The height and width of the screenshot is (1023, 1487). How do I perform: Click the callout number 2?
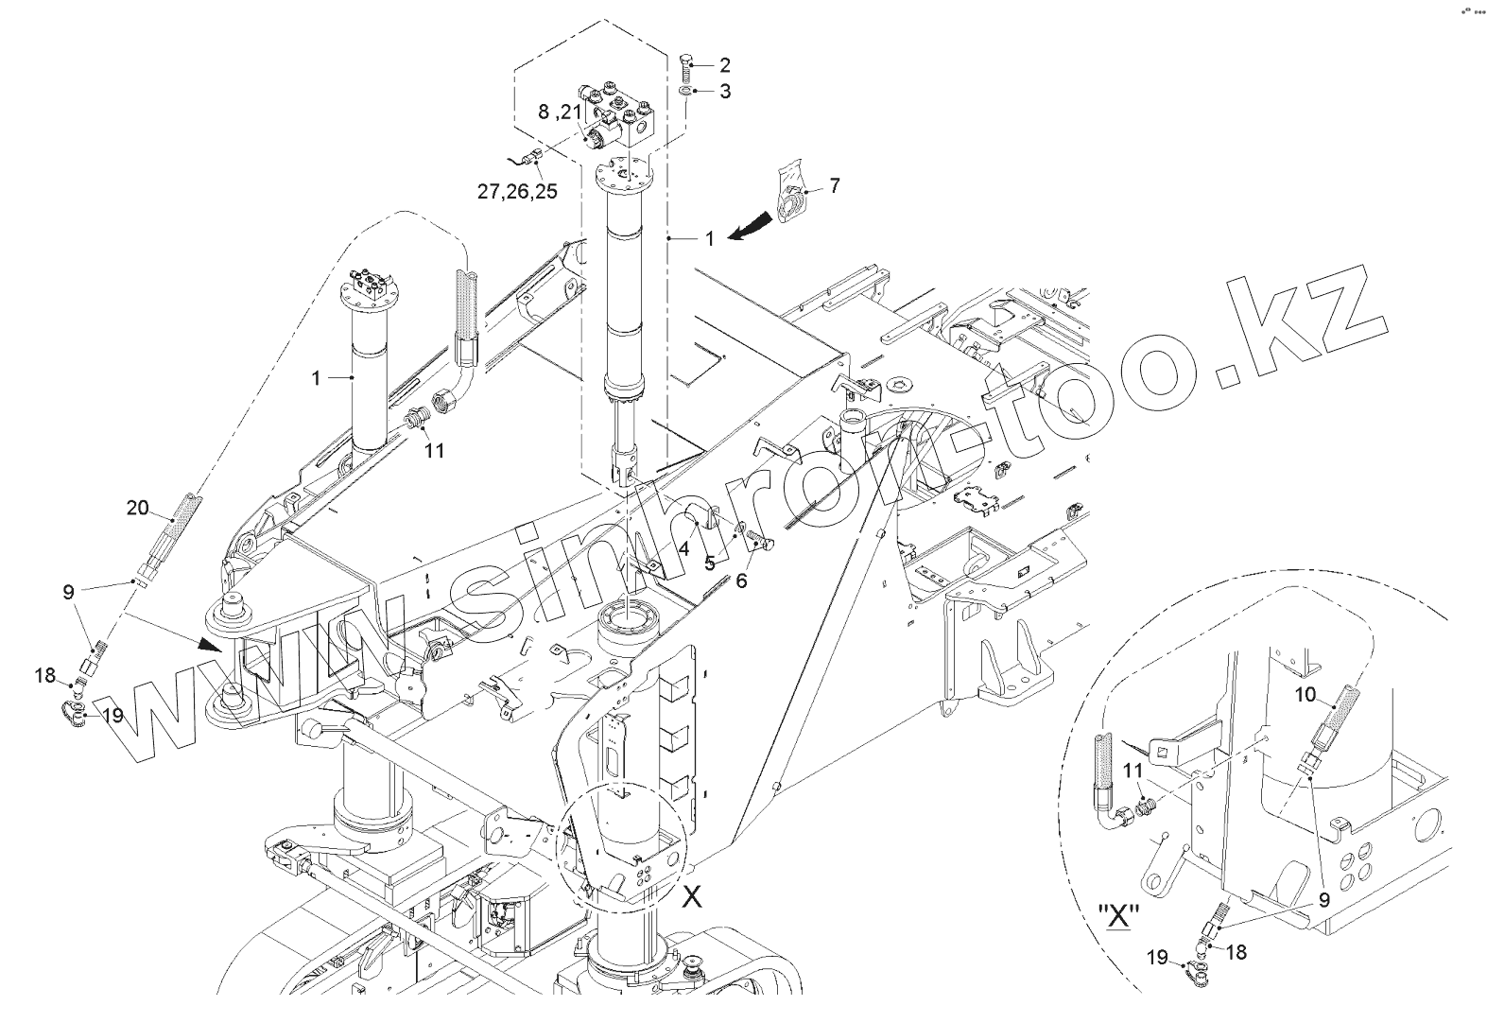click(724, 65)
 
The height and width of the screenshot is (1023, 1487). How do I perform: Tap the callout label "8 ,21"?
click(561, 112)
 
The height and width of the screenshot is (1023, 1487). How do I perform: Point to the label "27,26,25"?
click(517, 191)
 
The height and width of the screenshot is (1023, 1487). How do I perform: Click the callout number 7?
click(835, 185)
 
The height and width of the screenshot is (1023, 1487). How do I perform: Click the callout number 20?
click(138, 508)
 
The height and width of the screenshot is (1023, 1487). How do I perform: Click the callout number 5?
click(708, 564)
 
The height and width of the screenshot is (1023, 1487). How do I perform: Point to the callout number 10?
click(1305, 695)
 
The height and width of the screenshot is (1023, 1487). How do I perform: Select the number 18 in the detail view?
click(1236, 952)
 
